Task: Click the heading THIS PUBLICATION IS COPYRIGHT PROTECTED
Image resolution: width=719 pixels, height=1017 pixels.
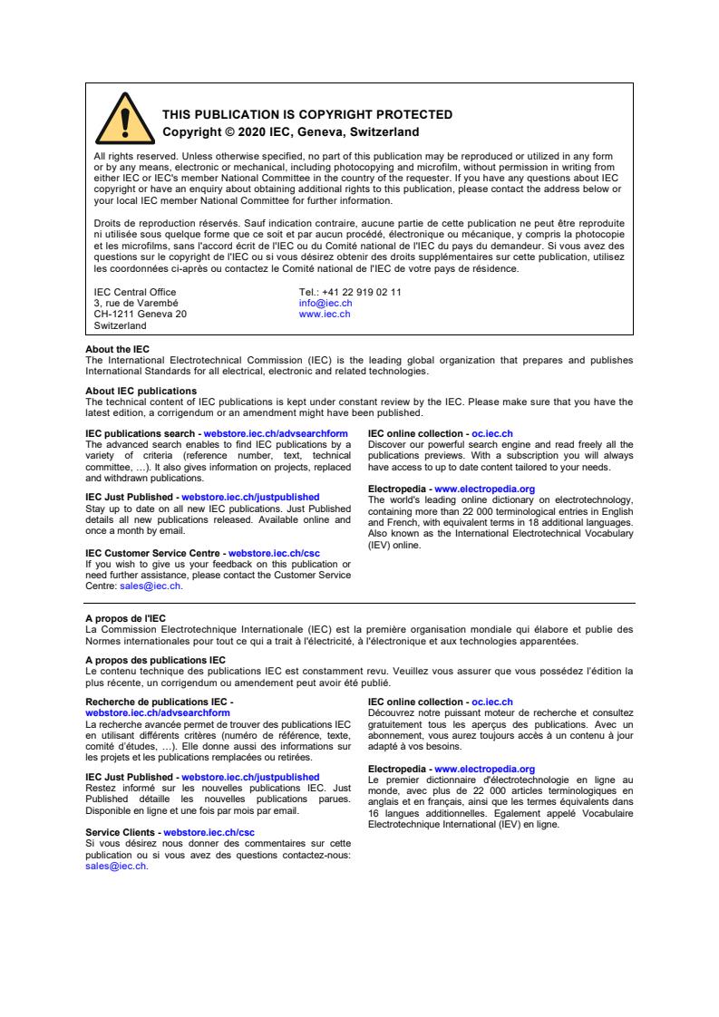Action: [306, 115]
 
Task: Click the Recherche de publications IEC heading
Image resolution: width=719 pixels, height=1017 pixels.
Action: [157, 702]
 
